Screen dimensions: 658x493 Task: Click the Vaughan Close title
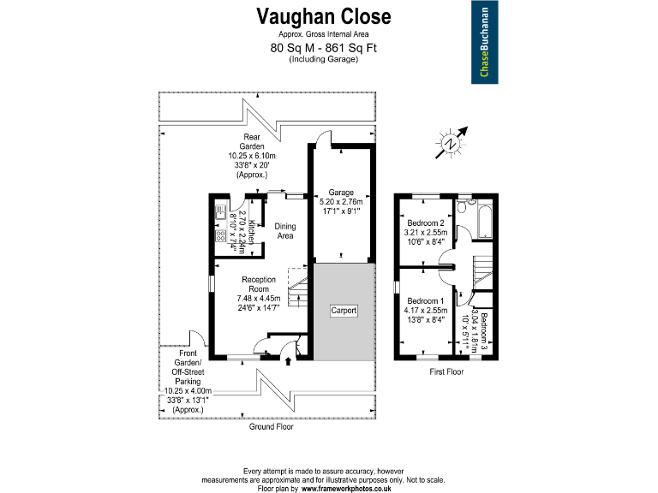[x=324, y=17]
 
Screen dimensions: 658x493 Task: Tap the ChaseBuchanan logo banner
[x=485, y=42]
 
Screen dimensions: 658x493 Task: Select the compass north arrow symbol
[x=452, y=143]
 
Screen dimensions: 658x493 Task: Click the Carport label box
[x=344, y=311]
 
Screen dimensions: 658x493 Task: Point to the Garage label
[x=341, y=193]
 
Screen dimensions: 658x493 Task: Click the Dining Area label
[x=285, y=231]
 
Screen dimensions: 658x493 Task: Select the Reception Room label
[x=259, y=284]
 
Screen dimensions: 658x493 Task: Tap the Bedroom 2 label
[x=426, y=223]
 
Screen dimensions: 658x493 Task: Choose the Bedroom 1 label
[x=426, y=301]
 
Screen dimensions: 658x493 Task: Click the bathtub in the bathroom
[x=485, y=222]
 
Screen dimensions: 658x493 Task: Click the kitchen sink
[x=220, y=212]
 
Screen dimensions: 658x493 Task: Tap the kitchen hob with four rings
[x=221, y=235]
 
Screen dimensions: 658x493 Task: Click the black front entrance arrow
[x=288, y=361]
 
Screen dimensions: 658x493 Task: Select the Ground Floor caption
[x=271, y=427]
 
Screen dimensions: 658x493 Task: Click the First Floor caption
[x=446, y=371]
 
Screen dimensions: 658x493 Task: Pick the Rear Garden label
[x=252, y=142]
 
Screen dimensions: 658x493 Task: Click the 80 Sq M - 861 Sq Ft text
[x=324, y=48]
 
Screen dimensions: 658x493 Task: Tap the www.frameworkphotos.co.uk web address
[x=346, y=489]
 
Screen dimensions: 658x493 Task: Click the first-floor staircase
[x=483, y=272]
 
